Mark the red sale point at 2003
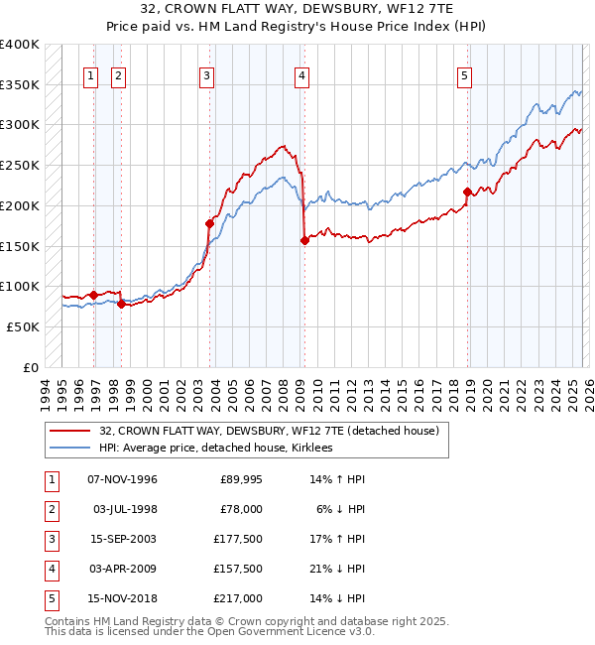coord(210,223)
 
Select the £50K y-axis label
coord(23,326)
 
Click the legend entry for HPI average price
coord(215,449)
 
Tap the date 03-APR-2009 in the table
coord(122,570)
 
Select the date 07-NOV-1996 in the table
coord(122,480)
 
